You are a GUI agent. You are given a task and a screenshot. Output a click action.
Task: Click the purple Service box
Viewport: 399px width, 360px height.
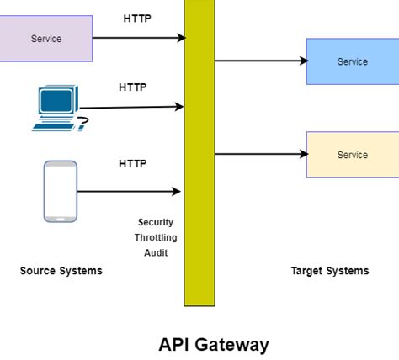point(45,39)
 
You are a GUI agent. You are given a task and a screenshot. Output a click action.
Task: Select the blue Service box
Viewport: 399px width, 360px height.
point(352,61)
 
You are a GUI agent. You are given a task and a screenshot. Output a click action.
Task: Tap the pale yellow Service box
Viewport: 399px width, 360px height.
point(352,155)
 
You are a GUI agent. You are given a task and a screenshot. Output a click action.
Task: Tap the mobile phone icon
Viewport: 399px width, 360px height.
point(60,191)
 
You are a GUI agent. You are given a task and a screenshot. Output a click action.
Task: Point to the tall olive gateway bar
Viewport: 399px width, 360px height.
point(199,151)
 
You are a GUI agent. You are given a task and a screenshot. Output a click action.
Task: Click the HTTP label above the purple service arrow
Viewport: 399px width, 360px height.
point(137,18)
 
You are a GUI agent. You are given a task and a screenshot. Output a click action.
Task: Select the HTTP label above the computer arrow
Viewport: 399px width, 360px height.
point(132,87)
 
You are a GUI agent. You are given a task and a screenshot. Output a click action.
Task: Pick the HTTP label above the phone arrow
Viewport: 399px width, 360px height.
point(132,163)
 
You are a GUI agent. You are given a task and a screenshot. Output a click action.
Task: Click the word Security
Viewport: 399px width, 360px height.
point(156,222)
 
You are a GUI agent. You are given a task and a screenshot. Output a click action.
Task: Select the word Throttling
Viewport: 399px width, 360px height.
point(156,237)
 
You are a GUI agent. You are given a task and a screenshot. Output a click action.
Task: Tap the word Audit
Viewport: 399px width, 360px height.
point(156,252)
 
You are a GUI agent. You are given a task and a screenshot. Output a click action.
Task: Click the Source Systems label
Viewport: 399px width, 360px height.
point(61,271)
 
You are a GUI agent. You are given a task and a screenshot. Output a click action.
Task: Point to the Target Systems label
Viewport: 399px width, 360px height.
point(330,271)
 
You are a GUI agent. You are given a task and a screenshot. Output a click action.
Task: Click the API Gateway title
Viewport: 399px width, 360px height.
point(214,344)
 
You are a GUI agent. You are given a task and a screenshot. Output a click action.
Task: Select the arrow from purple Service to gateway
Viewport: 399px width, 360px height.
point(138,38)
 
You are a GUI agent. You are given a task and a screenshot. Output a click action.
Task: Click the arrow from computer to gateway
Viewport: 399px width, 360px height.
point(133,107)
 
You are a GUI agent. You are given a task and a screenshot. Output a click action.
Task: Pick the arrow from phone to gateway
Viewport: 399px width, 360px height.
point(130,192)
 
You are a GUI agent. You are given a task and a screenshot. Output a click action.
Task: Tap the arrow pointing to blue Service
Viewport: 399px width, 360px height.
point(260,61)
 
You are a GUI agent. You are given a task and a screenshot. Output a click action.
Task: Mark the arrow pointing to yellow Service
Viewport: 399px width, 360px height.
point(260,154)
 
